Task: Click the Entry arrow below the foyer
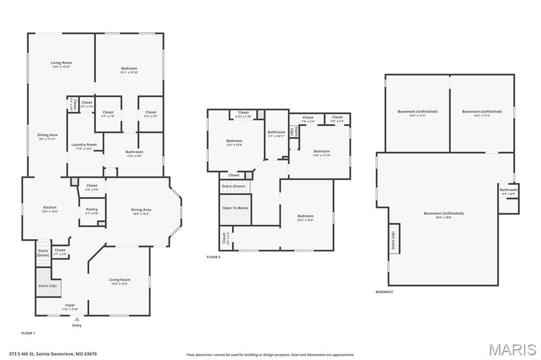click(77, 319)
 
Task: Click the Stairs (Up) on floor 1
click(48, 286)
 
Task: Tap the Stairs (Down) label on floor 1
click(43, 253)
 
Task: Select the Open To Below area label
click(236, 208)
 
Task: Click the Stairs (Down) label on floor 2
click(234, 186)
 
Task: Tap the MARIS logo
click(512, 349)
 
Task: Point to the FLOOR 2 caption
click(213, 257)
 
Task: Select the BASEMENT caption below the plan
click(384, 292)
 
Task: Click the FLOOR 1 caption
click(28, 333)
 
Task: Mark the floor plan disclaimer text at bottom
click(270, 355)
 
